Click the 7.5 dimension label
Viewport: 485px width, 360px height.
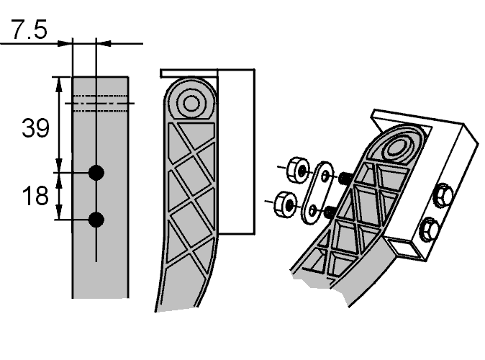[x=30, y=29]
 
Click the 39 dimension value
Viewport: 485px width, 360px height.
[x=35, y=128]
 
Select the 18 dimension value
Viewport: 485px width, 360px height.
[x=35, y=196]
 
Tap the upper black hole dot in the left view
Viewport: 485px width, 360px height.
[x=96, y=172]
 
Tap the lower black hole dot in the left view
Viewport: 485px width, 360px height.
[x=96, y=220]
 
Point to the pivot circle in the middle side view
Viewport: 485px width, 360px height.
[x=191, y=104]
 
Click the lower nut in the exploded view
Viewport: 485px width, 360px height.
[x=285, y=204]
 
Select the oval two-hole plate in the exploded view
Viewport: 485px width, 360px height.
[x=318, y=193]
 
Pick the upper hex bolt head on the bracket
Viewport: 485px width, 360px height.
[x=443, y=194]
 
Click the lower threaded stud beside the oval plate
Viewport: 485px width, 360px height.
[x=329, y=212]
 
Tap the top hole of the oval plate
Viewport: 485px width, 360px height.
[x=325, y=176]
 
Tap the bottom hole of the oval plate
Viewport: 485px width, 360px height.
[x=312, y=210]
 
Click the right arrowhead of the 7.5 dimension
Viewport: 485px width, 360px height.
[x=106, y=43]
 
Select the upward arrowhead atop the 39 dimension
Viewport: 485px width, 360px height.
[x=59, y=85]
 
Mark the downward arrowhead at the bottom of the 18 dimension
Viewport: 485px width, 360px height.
[x=59, y=212]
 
